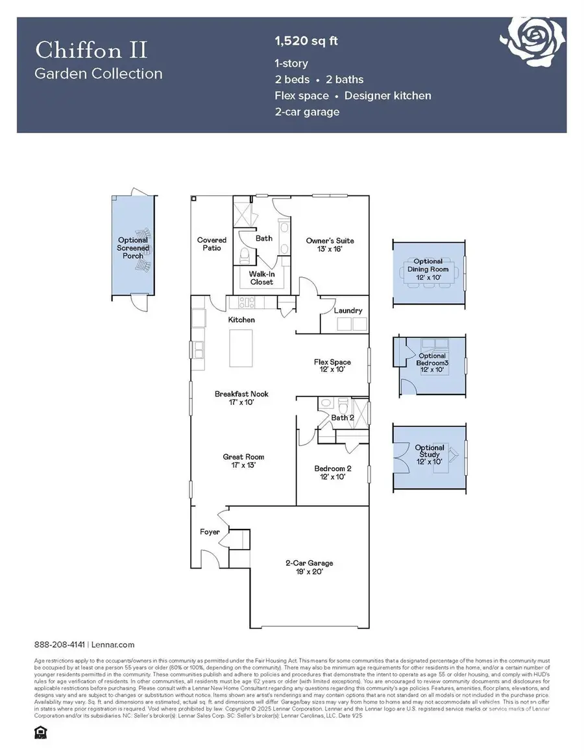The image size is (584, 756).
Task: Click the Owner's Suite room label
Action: tap(330, 245)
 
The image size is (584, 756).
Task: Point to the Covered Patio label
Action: tap(212, 244)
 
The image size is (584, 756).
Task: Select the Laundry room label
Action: tap(348, 311)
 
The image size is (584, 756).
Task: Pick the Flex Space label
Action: tap(332, 366)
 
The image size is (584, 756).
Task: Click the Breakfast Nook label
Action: tap(241, 398)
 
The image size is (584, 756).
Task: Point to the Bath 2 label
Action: tap(343, 418)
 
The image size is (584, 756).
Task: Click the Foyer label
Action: tap(210, 532)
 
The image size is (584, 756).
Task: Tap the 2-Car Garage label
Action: tap(310, 567)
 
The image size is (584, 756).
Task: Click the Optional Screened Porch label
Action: tap(133, 247)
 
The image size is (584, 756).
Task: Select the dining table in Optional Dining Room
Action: tap(428, 274)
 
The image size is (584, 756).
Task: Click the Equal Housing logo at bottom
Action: tap(38, 732)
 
